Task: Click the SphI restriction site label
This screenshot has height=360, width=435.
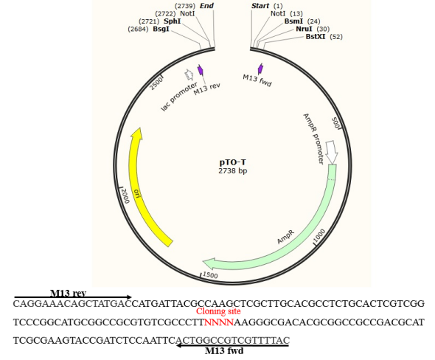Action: [x=173, y=21]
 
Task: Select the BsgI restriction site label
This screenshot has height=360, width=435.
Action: [x=161, y=29]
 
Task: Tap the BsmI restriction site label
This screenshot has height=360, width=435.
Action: [x=293, y=21]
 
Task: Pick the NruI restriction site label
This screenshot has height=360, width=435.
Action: [x=304, y=29]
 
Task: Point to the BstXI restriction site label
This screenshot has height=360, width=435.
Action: [x=316, y=36]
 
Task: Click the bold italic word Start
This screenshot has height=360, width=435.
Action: [x=260, y=6]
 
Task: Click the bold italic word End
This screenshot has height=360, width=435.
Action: [x=206, y=6]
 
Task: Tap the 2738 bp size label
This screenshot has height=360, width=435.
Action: [x=232, y=170]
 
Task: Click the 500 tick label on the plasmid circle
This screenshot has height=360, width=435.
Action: [x=335, y=122]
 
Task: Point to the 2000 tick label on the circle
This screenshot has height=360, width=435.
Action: [x=125, y=195]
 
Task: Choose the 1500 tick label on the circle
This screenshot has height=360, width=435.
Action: [x=210, y=275]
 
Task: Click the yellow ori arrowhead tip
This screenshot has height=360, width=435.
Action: [x=139, y=128]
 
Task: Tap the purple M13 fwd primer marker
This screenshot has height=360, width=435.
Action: [x=260, y=69]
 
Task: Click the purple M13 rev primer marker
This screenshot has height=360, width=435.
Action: [x=201, y=70]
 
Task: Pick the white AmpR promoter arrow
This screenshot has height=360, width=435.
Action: [x=332, y=152]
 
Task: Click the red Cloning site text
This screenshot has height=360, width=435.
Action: [x=218, y=311]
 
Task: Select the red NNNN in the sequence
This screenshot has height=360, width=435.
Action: [x=219, y=322]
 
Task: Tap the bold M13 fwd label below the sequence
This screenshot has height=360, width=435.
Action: [x=224, y=351]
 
